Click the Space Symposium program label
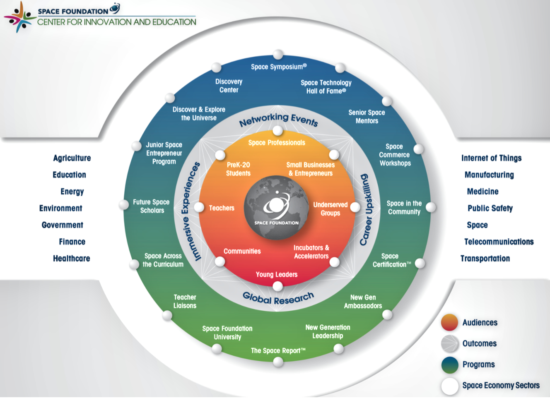[x=279, y=67]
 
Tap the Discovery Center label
[x=229, y=86]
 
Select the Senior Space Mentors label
[x=367, y=117]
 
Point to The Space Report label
[x=278, y=351]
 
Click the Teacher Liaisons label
[x=185, y=301]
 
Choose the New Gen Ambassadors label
[x=363, y=301]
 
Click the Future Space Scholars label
[x=152, y=206]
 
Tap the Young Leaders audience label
[x=277, y=274]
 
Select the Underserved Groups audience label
[x=330, y=209]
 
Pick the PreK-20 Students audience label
[x=238, y=169]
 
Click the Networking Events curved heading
[x=278, y=120]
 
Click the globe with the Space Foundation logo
[x=276, y=207]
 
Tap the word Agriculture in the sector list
[x=72, y=158]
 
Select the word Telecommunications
[x=499, y=242]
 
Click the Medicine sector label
[x=483, y=192]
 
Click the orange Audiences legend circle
[x=450, y=322]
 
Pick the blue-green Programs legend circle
[x=450, y=365]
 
